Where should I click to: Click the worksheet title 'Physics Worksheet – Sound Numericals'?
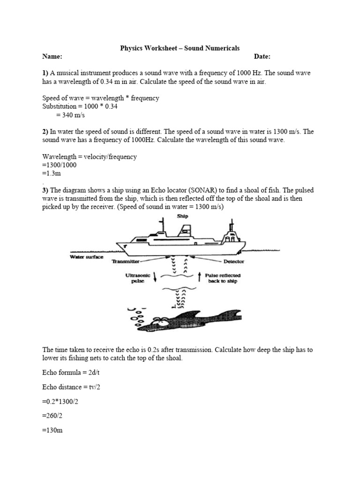[180, 48]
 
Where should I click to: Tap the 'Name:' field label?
[52, 57]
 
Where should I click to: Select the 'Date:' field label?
[262, 57]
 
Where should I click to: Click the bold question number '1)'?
[45, 74]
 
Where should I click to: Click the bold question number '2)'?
[45, 132]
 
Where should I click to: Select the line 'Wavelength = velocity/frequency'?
[90, 157]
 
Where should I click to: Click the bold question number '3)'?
[45, 190]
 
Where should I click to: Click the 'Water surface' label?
[87, 256]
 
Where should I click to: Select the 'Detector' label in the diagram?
[233, 262]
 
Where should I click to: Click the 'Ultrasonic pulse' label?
[138, 278]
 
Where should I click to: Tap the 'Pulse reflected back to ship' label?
[223, 278]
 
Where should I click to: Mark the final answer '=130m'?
[52, 431]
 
